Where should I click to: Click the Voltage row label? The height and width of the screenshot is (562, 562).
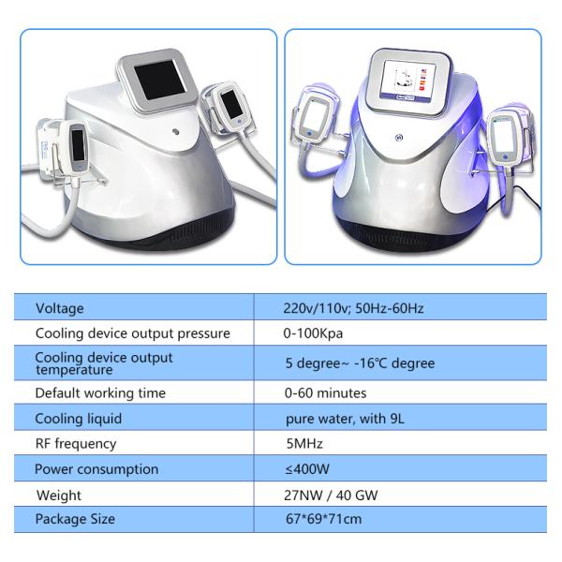tap(59, 308)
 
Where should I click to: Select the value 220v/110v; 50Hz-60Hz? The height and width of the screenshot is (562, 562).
tap(348, 308)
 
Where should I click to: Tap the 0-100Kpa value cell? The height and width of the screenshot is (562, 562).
tap(313, 333)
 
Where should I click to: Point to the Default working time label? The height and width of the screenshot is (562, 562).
tap(99, 393)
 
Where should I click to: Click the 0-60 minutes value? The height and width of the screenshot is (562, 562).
tap(325, 393)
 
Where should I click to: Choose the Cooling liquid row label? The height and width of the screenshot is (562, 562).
tap(78, 419)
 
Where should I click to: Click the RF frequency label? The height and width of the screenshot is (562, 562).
tap(76, 444)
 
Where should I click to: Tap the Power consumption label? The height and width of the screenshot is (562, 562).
tap(96, 469)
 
